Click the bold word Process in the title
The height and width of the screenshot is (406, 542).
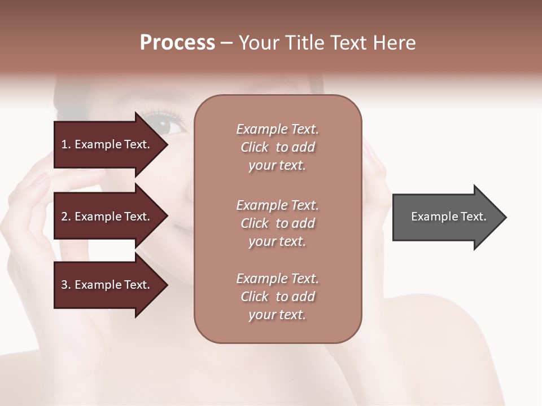[177, 43]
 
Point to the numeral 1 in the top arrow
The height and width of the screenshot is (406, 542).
[64, 144]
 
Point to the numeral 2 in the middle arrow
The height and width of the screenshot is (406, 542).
[64, 217]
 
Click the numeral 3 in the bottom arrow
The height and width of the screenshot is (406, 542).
[64, 285]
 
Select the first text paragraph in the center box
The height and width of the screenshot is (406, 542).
[277, 147]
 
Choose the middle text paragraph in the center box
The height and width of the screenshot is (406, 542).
[277, 223]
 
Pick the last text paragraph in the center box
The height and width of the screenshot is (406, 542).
[277, 297]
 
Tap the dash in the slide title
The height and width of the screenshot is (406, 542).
[226, 43]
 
